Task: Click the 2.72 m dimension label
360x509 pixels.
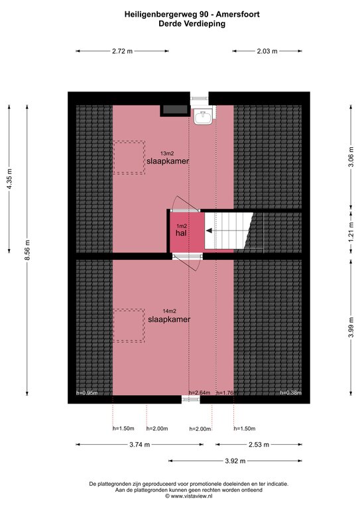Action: click(123, 51)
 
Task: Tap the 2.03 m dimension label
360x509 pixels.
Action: click(267, 51)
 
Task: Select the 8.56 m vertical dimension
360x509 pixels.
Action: click(28, 250)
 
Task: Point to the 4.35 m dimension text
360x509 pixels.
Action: click(9, 179)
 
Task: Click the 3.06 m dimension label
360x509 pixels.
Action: click(351, 157)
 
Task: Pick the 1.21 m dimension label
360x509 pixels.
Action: click(351, 232)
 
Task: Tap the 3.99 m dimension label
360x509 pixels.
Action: click(351, 327)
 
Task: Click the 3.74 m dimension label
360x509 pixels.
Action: click(140, 445)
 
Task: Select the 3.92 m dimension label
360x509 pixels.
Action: click(235, 461)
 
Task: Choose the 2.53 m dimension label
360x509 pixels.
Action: click(259, 445)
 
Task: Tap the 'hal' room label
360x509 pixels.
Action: click(181, 233)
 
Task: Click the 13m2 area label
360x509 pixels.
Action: click(167, 154)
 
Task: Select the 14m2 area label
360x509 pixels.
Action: click(170, 311)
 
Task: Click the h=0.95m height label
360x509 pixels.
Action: click(87, 393)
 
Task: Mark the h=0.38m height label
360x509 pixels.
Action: click(291, 393)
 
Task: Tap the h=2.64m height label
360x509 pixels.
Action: click(200, 393)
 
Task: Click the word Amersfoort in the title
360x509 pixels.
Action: click(238, 15)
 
